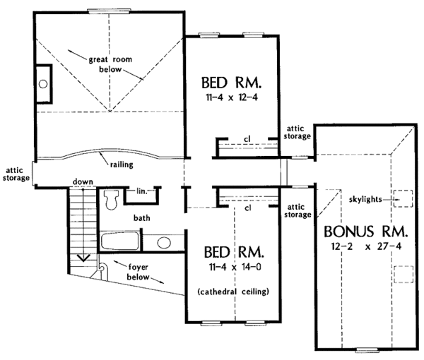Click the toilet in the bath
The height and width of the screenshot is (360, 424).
111,199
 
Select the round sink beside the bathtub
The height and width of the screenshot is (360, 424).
164,244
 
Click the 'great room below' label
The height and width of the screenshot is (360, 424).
106,66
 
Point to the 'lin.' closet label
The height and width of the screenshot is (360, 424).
142,191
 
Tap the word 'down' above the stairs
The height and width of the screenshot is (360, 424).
83,182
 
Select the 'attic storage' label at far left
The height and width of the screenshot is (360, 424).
16,174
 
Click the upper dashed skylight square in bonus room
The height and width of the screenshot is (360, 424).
403,198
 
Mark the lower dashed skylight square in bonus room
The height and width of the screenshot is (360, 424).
403,273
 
